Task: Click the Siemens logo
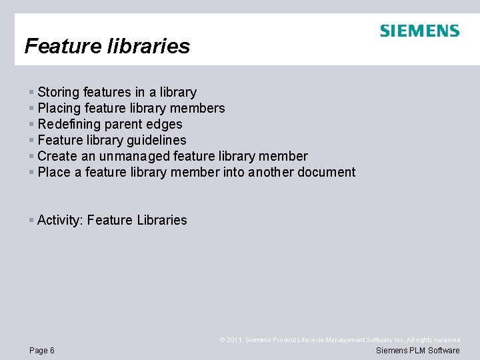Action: (x=419, y=31)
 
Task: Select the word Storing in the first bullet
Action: (x=58, y=92)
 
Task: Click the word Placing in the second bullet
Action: (x=59, y=108)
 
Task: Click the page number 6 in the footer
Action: (x=52, y=351)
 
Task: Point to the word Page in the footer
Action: (x=38, y=351)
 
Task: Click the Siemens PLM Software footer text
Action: (x=418, y=351)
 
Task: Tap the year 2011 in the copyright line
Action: (x=234, y=340)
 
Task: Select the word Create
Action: (x=57, y=156)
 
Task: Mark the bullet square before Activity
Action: (x=31, y=220)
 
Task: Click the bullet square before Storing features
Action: (x=31, y=92)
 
